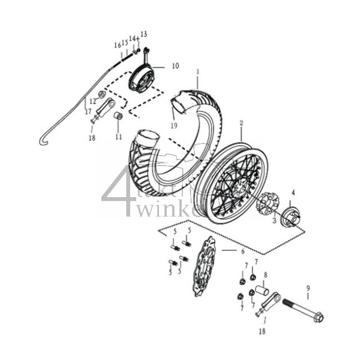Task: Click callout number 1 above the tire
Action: pos(197,71)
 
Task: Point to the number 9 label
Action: pos(308,289)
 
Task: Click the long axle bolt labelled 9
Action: pos(302,310)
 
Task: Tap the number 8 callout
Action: pos(265,275)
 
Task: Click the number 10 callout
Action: pos(175,66)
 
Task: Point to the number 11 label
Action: pos(118,136)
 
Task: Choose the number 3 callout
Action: pos(272,221)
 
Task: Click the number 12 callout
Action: pos(92,102)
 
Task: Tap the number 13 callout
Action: pos(144,34)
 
